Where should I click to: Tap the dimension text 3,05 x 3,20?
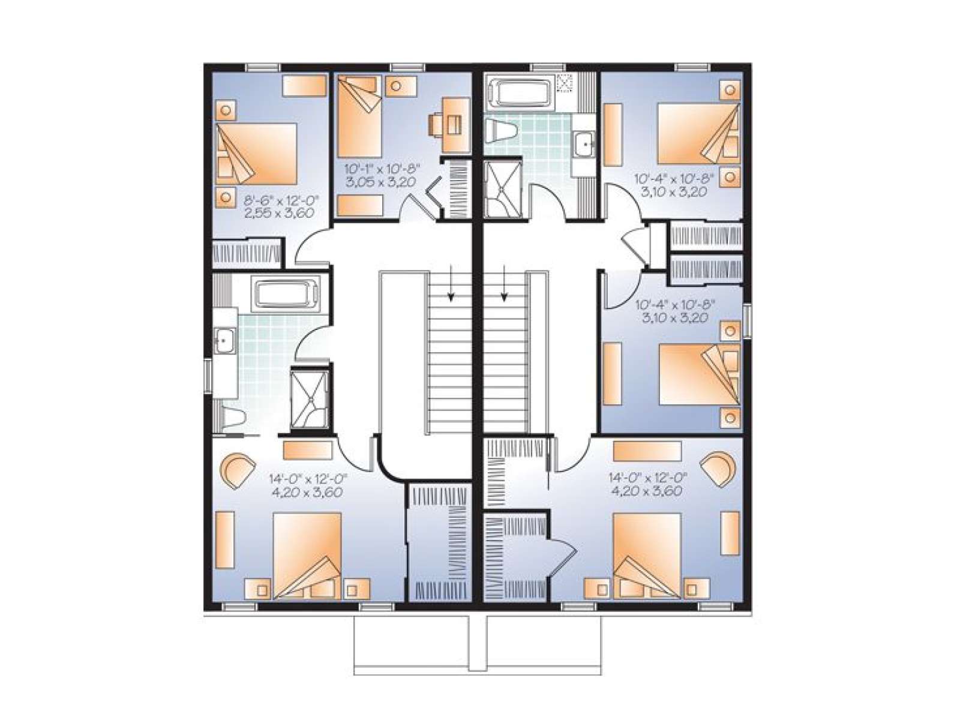(x=380, y=182)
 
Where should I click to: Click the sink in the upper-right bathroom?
(x=583, y=143)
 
